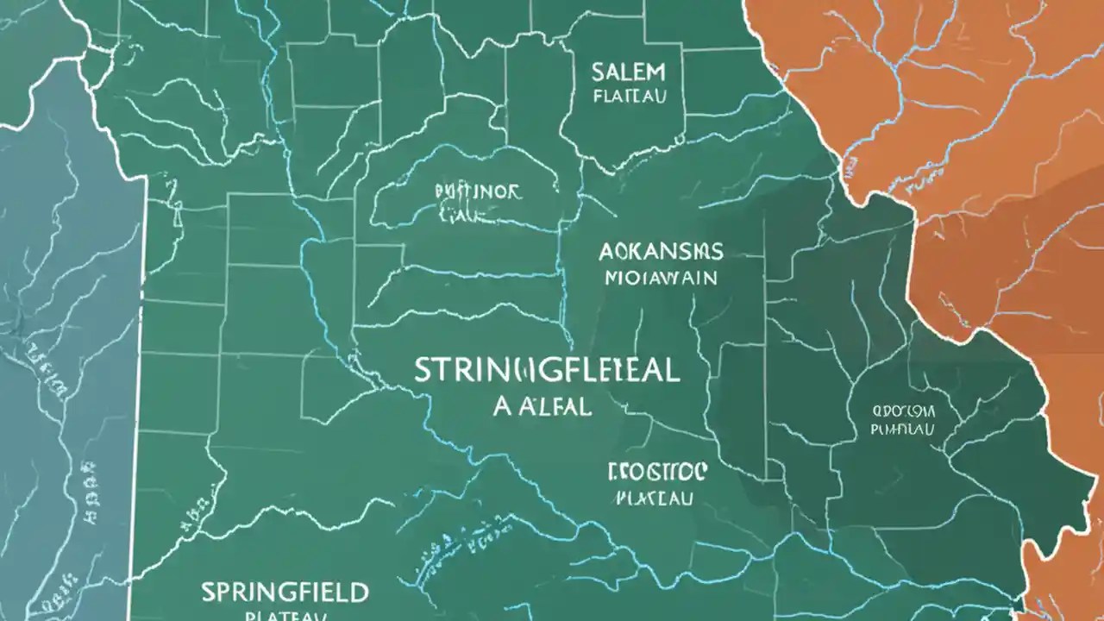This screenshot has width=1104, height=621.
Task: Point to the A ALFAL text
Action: coord(543,407)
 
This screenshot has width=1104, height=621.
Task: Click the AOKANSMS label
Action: coord(661,252)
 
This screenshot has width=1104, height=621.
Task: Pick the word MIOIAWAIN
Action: coord(661,279)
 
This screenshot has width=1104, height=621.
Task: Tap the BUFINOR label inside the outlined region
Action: coord(479,191)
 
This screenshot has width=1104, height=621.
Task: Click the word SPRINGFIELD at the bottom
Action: coord(285,593)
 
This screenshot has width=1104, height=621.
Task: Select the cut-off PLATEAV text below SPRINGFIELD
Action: coord(285,616)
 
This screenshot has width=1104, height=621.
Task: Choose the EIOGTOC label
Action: coord(657,471)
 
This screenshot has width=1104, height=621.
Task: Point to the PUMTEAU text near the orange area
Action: coord(903,428)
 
